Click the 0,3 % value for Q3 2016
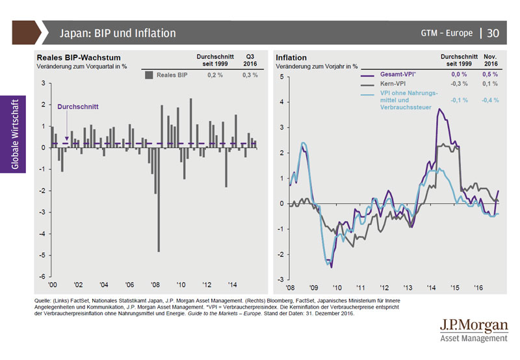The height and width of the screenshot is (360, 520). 250,75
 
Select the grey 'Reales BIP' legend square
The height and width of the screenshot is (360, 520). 149,75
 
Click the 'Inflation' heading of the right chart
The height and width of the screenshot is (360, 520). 291,58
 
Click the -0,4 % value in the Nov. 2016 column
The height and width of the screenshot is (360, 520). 492,101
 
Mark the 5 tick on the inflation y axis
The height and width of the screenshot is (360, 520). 281,77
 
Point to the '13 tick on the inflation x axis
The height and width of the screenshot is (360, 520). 408,285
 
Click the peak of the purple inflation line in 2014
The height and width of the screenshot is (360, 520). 439,110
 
